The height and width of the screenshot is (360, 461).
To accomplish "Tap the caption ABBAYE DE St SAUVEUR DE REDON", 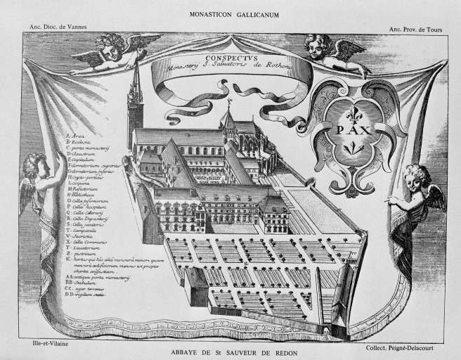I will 230,352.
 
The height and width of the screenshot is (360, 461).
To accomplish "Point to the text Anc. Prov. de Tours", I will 413,29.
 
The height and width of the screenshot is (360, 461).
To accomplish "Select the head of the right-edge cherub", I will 417,174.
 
